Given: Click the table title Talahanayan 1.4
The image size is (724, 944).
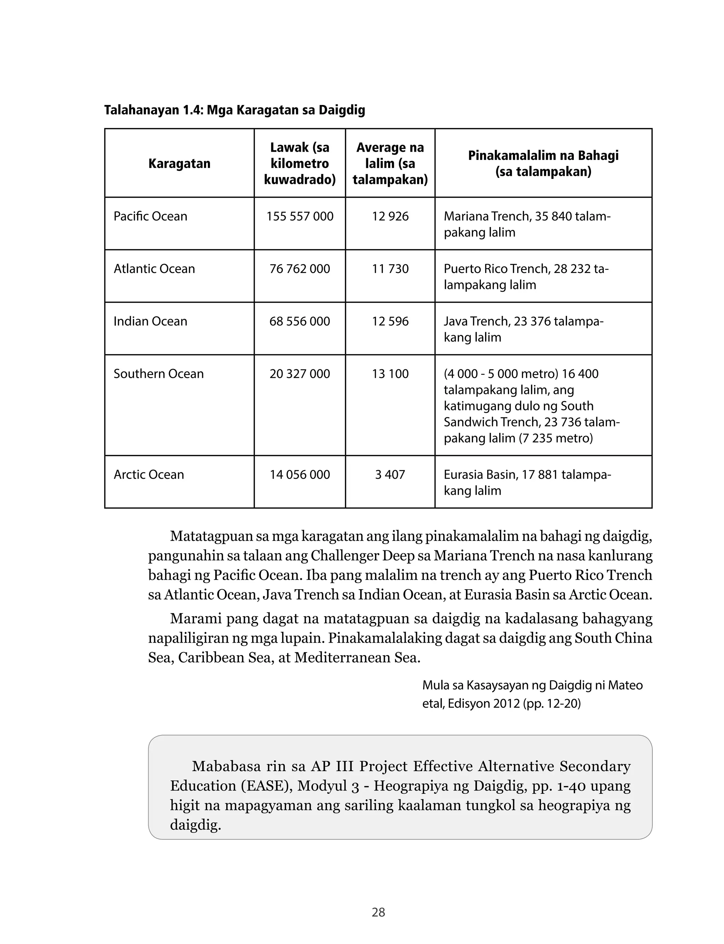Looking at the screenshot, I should tap(234, 110).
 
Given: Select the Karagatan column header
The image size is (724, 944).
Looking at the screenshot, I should tap(179, 163).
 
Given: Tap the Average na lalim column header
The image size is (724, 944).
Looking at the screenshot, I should tap(390, 163).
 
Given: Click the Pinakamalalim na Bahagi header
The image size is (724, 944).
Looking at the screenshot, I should tap(543, 163).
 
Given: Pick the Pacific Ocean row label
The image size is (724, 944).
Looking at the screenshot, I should tap(150, 216).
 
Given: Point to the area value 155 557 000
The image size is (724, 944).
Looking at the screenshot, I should tap(299, 216).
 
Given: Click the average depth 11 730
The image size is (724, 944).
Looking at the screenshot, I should tap(390, 268).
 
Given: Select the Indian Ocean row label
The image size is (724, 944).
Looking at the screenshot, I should tap(150, 321).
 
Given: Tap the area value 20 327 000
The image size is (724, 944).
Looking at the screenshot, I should tap(299, 374).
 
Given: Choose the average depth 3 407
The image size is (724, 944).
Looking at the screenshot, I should tap(390, 475).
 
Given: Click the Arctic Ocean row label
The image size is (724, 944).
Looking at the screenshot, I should tap(149, 475).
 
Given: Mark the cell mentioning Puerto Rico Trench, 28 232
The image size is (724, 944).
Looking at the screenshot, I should tap(526, 276).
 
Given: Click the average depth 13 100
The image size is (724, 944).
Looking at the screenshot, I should tap(390, 374).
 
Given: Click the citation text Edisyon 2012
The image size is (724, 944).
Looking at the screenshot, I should tap(484, 703).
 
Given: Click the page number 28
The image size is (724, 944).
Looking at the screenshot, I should tap(378, 912).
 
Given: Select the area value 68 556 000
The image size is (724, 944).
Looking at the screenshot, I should tap(299, 321).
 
